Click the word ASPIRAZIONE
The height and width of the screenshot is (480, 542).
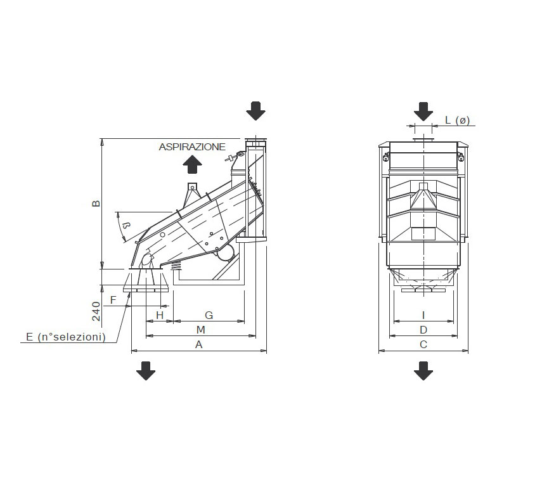(192, 147)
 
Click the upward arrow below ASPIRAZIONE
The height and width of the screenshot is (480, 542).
(192, 164)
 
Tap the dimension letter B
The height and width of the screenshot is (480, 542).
(96, 203)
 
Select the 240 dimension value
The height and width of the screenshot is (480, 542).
(96, 311)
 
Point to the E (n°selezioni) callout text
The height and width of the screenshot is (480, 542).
(66, 337)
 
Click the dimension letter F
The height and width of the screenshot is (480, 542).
(113, 300)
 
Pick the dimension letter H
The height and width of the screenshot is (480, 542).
(159, 315)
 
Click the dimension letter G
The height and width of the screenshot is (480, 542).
(209, 315)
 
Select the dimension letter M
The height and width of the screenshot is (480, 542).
(200, 330)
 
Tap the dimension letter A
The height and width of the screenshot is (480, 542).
(199, 344)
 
